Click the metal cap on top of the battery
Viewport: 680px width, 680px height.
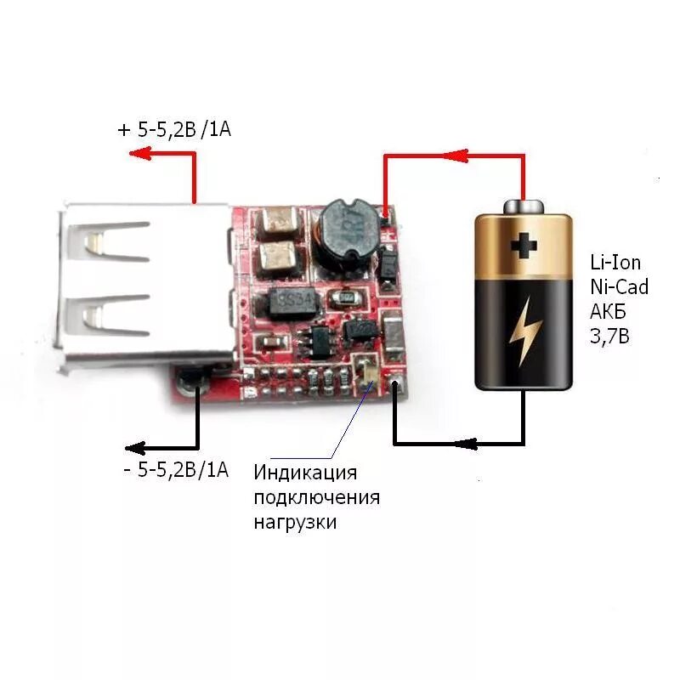coord(524,207)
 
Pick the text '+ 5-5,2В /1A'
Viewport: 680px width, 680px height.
coord(173,130)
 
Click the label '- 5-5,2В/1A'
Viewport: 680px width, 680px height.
coord(176,469)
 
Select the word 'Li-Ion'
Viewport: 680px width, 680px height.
coord(615,262)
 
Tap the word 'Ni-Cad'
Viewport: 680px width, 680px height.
coord(619,286)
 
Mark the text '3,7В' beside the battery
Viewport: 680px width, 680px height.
coord(609,336)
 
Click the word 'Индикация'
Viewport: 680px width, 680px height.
coord(305,473)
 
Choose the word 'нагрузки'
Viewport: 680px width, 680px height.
coord(294,522)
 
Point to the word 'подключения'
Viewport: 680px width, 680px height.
coord(316,497)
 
